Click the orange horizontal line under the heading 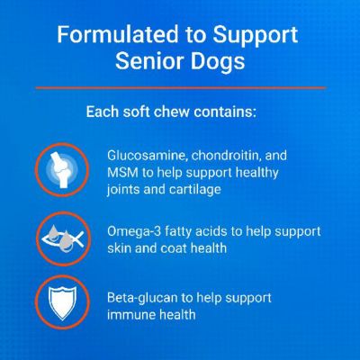coord(180,87)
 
